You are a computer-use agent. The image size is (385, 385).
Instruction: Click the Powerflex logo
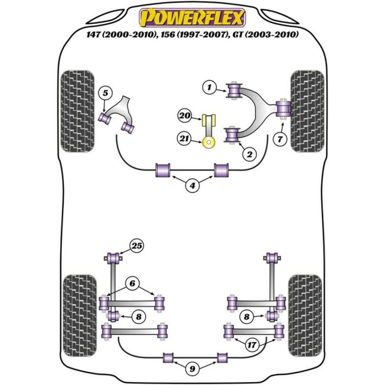click(192, 18)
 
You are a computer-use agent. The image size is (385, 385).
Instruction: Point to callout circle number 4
click(192, 186)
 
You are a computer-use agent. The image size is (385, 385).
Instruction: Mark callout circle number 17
click(251, 345)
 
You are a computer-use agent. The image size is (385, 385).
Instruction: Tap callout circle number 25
click(136, 245)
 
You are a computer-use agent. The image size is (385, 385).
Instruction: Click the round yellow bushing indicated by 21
click(208, 144)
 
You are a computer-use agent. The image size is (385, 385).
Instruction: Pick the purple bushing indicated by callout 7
click(284, 108)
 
